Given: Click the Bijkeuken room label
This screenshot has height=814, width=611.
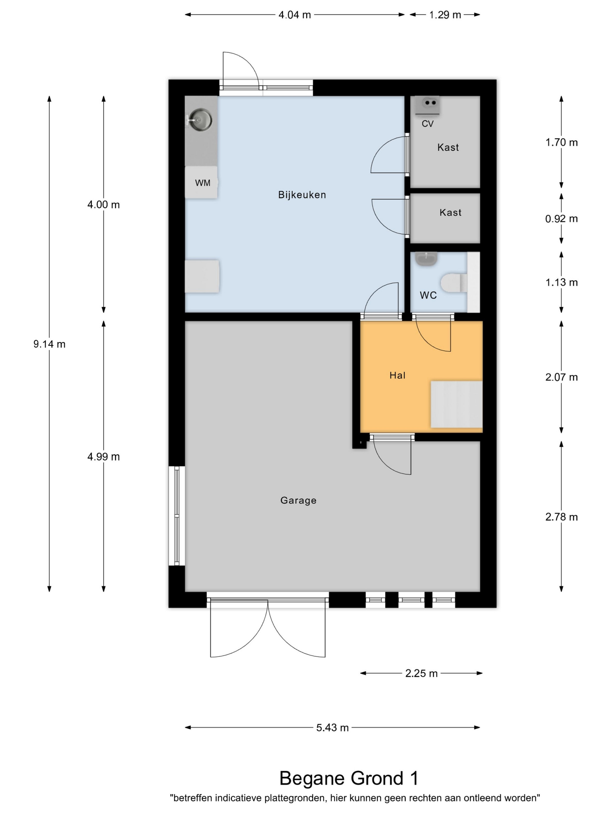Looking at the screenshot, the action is click(302, 195).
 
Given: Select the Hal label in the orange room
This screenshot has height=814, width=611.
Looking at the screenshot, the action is click(397, 375).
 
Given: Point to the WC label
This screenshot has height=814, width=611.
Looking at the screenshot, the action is click(428, 295).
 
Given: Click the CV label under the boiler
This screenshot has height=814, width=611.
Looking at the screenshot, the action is click(428, 124).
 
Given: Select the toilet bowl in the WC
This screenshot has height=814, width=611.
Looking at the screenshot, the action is click(454, 283).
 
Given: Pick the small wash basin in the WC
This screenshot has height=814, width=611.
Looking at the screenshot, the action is click(427, 258).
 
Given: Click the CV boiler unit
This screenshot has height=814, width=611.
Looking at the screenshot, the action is click(427, 105).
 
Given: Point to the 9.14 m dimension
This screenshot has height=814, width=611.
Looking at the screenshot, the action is click(49, 344).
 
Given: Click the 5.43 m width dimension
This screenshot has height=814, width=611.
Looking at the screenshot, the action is click(332, 728).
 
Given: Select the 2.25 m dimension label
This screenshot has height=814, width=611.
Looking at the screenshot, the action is click(421, 673).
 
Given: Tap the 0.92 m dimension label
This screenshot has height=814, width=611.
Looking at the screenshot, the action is click(561, 219).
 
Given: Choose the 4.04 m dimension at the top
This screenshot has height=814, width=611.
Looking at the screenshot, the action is click(295, 15).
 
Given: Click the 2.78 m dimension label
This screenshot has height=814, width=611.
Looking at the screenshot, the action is click(561, 517).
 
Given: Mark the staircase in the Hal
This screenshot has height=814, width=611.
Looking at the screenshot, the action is click(456, 404).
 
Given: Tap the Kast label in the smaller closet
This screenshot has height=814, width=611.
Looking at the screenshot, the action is click(450, 212).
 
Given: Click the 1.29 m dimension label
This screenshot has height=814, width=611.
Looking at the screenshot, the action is click(445, 15).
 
